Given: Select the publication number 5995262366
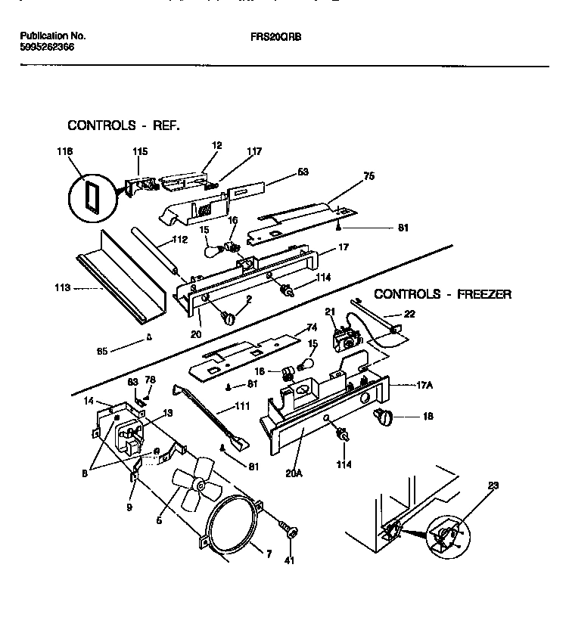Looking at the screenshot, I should pos(46,47).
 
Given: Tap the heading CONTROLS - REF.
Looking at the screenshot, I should pos(123,125).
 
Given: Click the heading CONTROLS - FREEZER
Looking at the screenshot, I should pos(443,294).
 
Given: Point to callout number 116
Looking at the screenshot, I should pos(66,152).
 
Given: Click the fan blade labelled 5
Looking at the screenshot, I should pos(189,485).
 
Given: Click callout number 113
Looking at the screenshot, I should pos(62,287).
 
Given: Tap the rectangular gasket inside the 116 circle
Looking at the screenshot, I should pos(91,197).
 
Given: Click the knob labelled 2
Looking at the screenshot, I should pos(227,319).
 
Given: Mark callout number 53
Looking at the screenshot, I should pos(303,172).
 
